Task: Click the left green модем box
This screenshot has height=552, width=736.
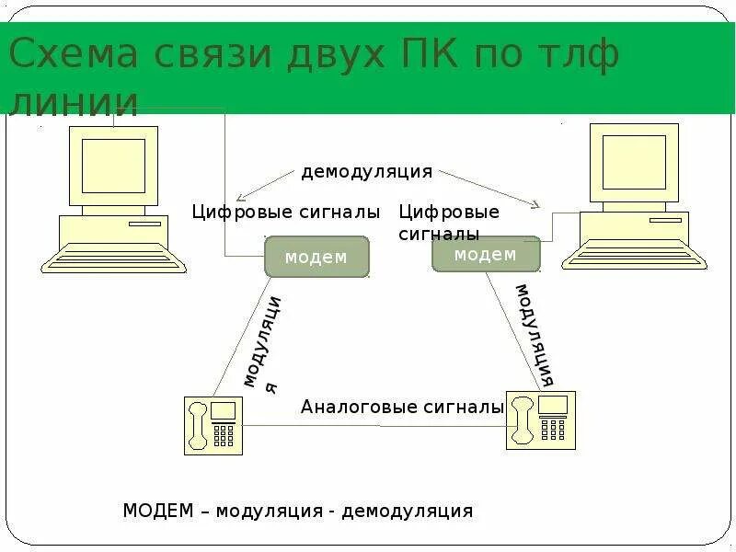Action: point(316,257)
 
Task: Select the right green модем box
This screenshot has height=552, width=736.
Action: point(485,255)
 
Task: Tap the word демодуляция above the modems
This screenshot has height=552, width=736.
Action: point(366,172)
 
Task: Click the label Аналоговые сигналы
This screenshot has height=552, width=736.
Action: point(402,407)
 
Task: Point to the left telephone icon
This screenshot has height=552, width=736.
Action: point(213,425)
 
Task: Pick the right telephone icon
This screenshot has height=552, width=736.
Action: point(540,420)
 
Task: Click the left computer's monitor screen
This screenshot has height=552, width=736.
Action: point(113,166)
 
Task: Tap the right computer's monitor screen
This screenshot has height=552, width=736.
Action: point(634,162)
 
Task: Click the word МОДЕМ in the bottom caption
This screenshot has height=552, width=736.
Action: point(158,511)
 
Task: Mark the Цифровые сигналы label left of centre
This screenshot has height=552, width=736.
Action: point(285,213)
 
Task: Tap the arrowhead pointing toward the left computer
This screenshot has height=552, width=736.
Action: point(241,197)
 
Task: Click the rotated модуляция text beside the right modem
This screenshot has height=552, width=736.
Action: point(534,335)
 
